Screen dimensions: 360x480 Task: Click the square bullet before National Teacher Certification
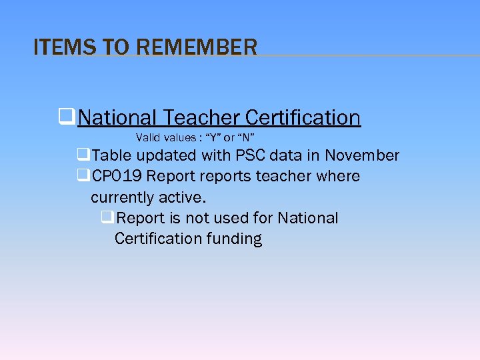click(x=66, y=117)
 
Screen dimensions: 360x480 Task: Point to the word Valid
click(x=147, y=138)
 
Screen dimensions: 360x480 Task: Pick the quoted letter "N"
click(x=246, y=138)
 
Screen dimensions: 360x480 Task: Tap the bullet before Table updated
click(x=83, y=155)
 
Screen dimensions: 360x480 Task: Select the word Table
click(x=112, y=155)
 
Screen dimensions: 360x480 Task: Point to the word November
click(x=362, y=155)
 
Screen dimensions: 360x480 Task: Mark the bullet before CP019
click(x=83, y=176)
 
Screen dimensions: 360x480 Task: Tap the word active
click(x=183, y=197)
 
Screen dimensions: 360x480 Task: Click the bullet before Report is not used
click(x=107, y=217)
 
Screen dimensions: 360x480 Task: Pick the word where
click(x=339, y=176)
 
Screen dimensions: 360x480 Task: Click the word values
click(x=181, y=138)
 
